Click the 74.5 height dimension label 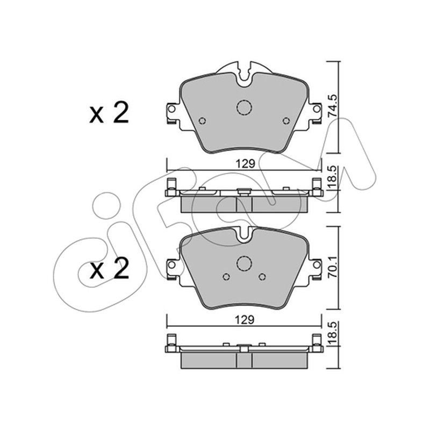tap(333, 106)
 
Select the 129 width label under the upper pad tap(245, 164)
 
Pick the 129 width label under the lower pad tap(245, 320)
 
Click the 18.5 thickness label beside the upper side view tap(333, 177)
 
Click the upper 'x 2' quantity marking tap(109, 113)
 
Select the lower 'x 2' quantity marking tap(109, 269)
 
